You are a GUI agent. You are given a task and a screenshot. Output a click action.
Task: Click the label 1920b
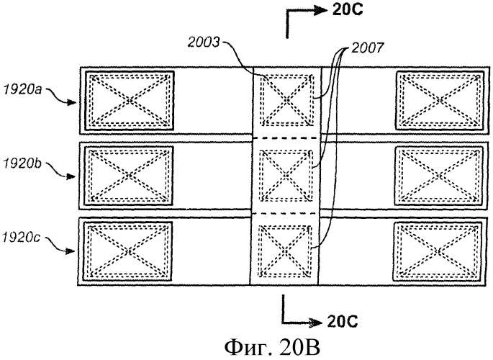point(24,163)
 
